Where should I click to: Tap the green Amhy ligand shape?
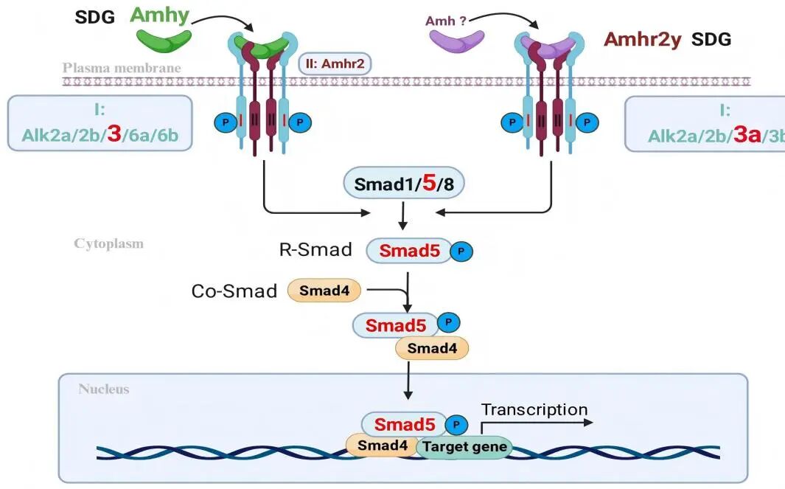(x=163, y=39)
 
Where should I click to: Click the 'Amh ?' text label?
(x=446, y=21)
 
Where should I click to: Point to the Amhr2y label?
(x=641, y=39)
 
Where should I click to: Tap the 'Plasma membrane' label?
(x=122, y=68)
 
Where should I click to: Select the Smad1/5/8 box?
(x=404, y=183)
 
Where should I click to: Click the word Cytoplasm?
(x=108, y=243)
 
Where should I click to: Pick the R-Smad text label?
(x=316, y=250)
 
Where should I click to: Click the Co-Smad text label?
(x=234, y=291)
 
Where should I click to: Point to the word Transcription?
(x=534, y=410)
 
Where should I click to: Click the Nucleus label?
(x=103, y=389)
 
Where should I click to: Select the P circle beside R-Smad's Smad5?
(x=461, y=252)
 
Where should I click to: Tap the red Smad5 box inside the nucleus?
(x=404, y=424)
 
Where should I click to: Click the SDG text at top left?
(x=95, y=17)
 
